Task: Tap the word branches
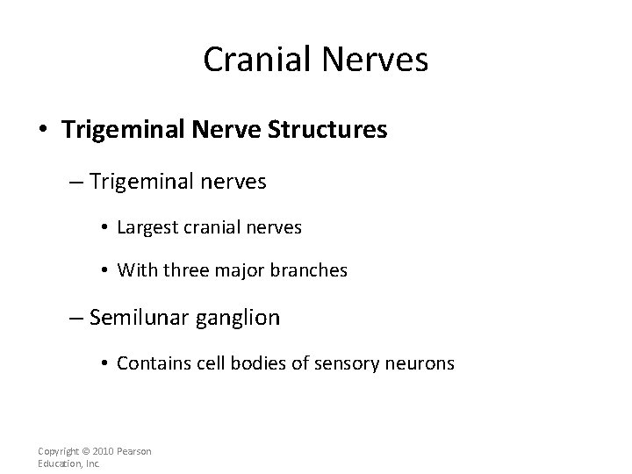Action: [315, 271]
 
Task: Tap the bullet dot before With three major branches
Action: [104, 272]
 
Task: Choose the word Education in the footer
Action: [59, 463]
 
